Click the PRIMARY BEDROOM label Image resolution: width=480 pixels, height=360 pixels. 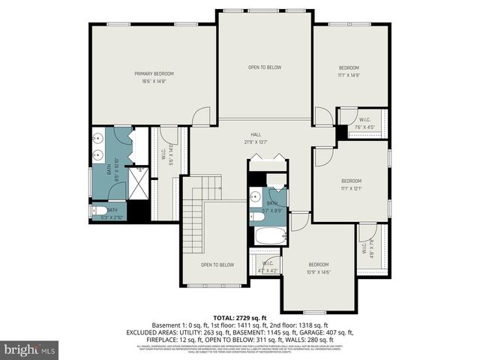click(154, 73)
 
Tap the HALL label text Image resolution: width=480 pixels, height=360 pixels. click(256, 135)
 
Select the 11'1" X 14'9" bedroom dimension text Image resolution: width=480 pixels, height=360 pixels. click(349, 75)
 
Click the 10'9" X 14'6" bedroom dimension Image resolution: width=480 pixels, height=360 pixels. click(319, 271)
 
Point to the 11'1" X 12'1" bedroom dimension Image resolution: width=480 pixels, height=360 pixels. click(351, 188)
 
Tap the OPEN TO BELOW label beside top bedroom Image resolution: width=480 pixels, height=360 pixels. click(265, 67)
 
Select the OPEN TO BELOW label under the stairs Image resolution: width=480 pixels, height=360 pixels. click(217, 265)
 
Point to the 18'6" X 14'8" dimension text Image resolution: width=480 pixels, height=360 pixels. click(154, 81)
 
